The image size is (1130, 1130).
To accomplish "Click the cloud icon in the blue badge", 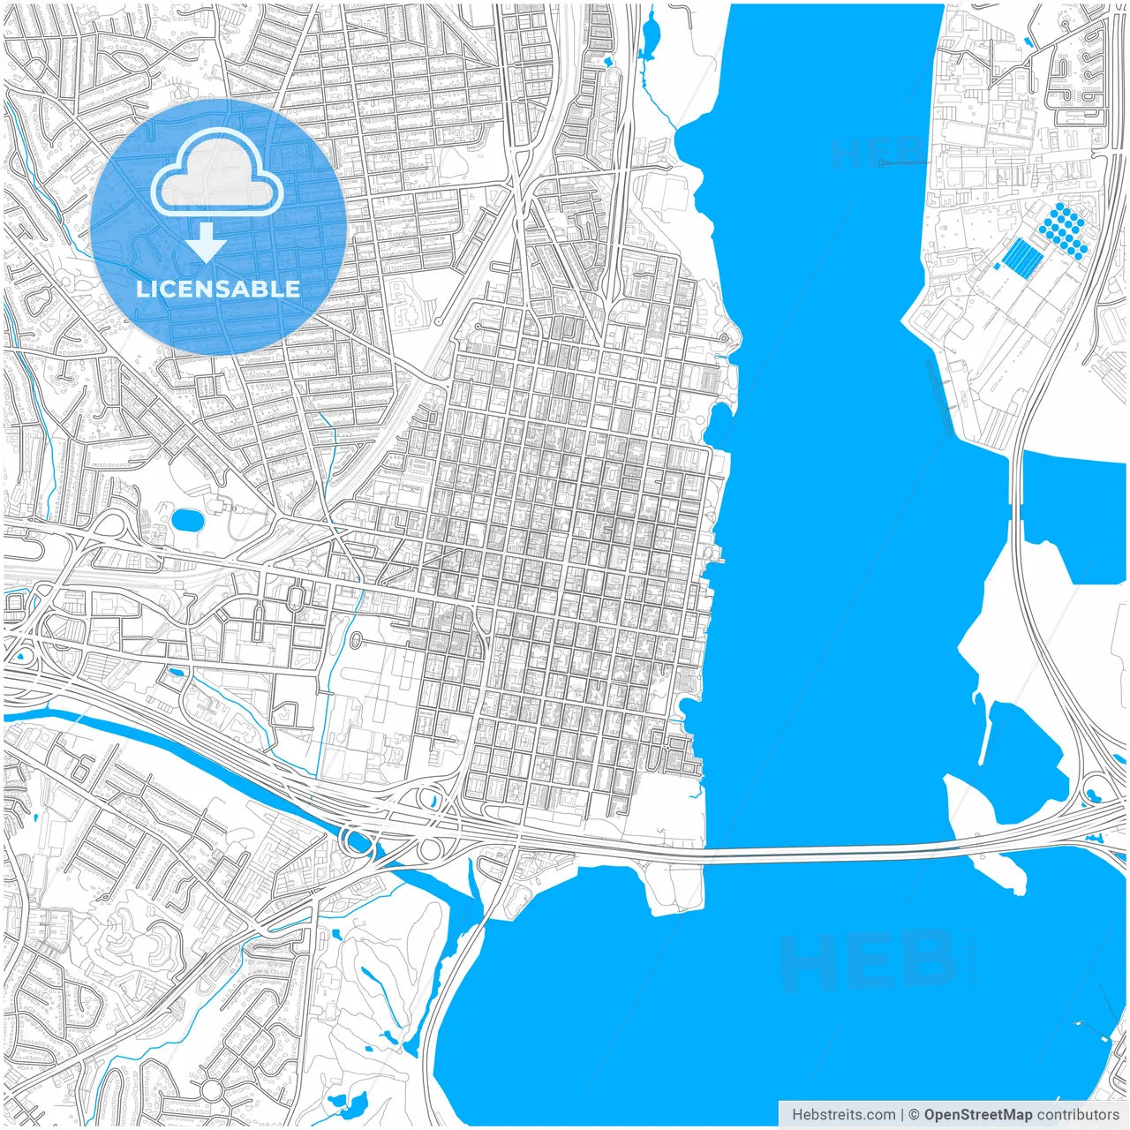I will coord(217,173).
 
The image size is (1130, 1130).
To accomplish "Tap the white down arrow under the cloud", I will coord(206,243).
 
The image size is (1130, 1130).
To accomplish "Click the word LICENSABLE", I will coord(218,289).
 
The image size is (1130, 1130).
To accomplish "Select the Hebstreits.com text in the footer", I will coord(843,1115).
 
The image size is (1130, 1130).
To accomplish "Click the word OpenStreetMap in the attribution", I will coord(978,1115).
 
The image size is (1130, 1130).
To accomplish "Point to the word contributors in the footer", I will coord(1078,1115).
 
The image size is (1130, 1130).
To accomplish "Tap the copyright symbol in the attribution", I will coord(915,1115).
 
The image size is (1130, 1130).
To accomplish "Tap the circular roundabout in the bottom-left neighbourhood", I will coord(212,1089).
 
